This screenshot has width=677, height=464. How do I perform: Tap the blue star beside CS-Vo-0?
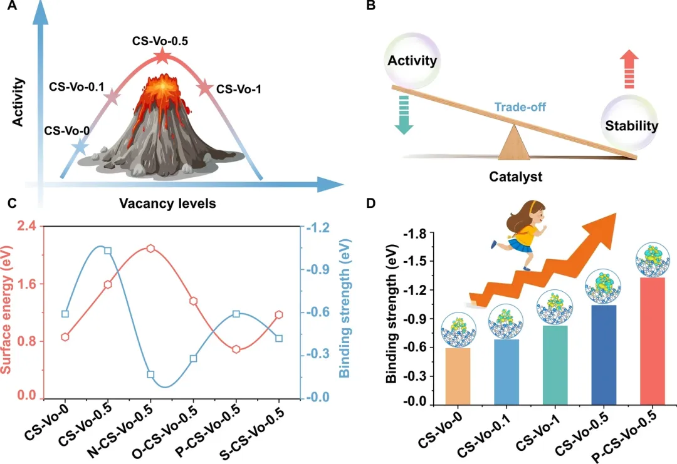click(80, 147)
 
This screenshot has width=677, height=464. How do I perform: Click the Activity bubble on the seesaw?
click(412, 61)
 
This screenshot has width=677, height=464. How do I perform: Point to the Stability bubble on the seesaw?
click(631, 125)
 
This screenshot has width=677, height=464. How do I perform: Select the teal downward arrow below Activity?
click(402, 113)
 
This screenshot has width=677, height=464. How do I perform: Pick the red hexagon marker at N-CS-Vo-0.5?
click(150, 249)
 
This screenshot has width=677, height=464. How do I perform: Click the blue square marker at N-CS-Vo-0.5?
click(150, 374)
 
